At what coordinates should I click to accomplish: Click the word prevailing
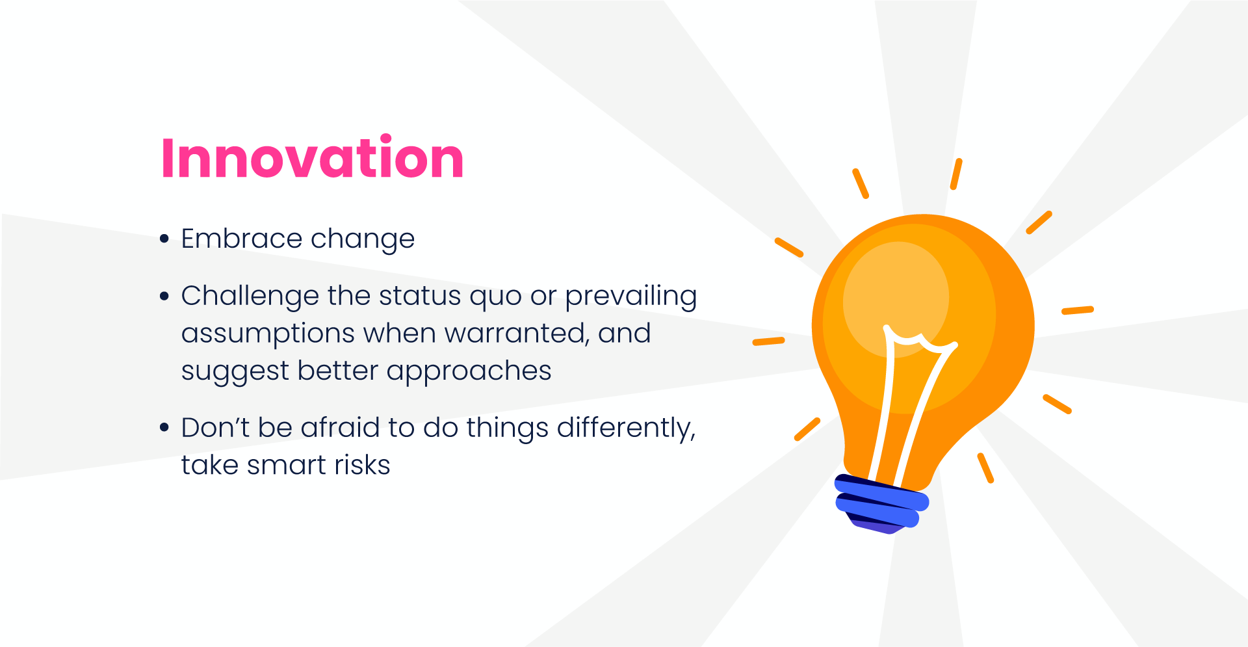point(630,296)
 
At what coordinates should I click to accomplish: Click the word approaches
point(469,372)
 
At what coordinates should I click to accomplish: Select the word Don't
point(215,428)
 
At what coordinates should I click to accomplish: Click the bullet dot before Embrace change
point(164,239)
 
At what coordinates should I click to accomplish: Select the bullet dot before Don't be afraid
point(164,428)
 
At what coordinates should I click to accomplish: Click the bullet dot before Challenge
point(164,297)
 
